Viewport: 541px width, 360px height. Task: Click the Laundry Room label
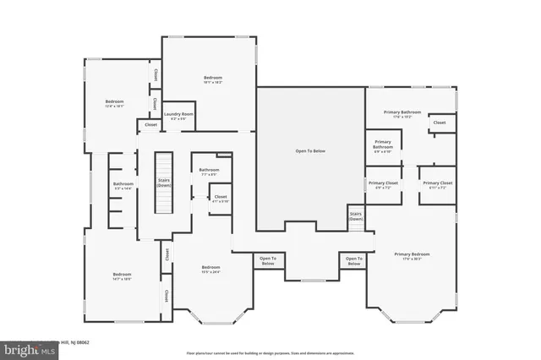(178, 116)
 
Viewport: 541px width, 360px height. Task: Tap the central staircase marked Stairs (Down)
(162, 183)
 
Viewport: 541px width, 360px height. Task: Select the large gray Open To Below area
(310, 152)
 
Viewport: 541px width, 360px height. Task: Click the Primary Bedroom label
(412, 256)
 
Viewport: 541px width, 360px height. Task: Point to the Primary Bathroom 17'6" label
(402, 114)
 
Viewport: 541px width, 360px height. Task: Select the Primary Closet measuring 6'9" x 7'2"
(383, 185)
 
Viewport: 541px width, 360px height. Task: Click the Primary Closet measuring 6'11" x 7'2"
(438, 185)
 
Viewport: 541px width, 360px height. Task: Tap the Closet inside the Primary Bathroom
(440, 123)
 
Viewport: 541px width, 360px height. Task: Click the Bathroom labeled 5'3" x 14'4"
(123, 186)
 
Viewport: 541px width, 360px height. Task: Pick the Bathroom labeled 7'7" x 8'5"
(209, 172)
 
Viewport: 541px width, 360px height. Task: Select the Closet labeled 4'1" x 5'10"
(219, 199)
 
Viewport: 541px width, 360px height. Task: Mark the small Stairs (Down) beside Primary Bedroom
(356, 217)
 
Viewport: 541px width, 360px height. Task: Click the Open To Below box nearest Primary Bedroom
(352, 261)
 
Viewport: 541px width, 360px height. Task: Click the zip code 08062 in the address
(81, 342)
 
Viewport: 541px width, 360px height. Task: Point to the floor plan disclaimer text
(270, 352)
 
